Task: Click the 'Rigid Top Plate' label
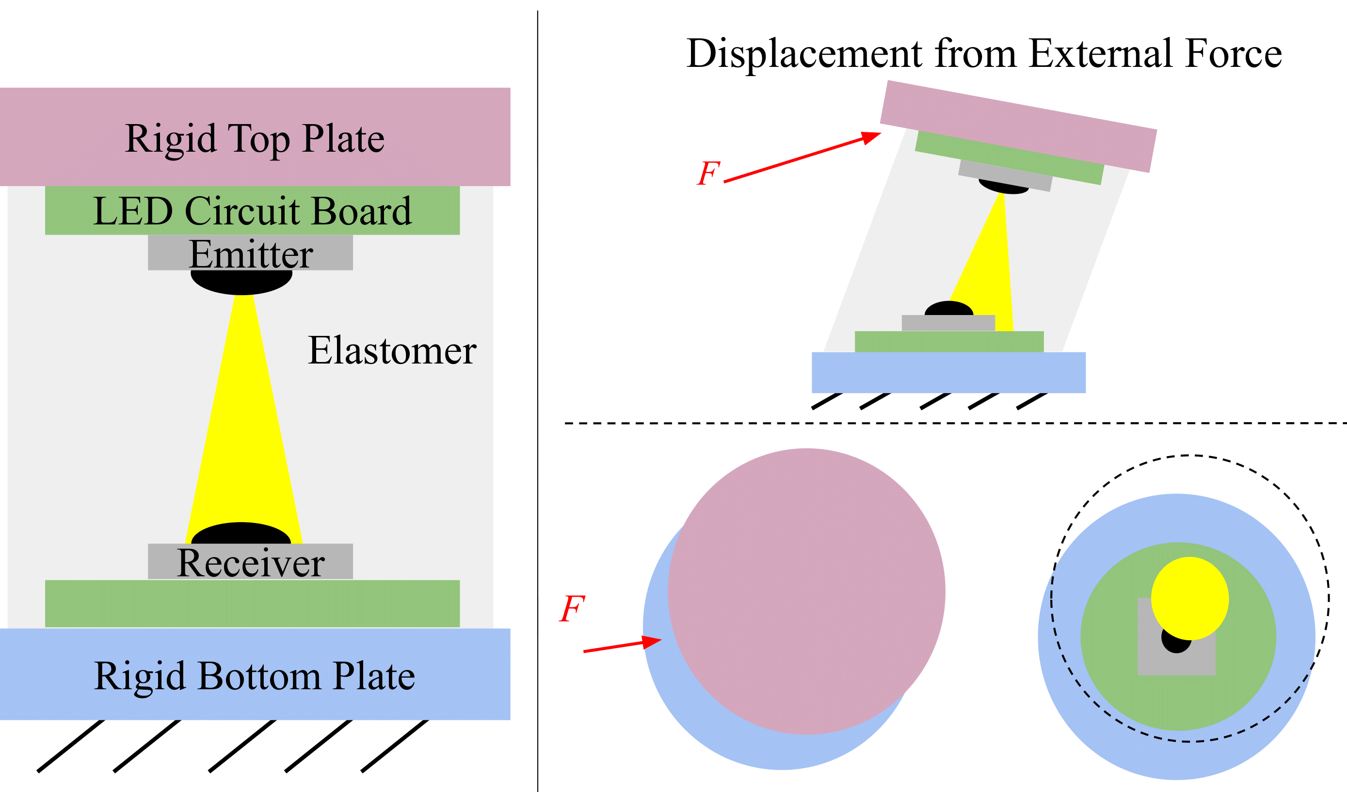(255, 139)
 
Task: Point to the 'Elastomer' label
(392, 351)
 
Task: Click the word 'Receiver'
(250, 563)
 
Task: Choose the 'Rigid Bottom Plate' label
(255, 676)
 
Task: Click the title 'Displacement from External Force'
(983, 53)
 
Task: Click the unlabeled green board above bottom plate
(252, 604)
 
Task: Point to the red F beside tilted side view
(709, 173)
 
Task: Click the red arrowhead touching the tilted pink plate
(870, 138)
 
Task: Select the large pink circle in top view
(806, 590)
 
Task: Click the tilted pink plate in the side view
(1018, 126)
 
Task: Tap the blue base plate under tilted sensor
(948, 372)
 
